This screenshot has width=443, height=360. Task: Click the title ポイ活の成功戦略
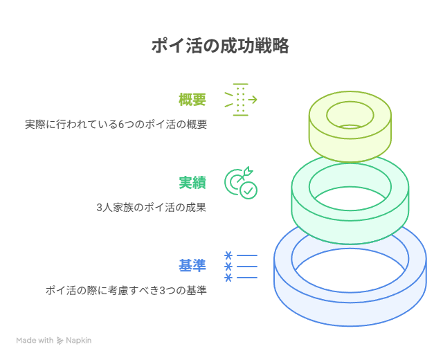pyautogui.click(x=220, y=46)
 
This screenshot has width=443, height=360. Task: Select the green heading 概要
pyautogui.click(x=192, y=100)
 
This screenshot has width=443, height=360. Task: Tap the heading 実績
pyautogui.click(x=192, y=183)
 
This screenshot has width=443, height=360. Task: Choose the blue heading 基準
pyautogui.click(x=192, y=266)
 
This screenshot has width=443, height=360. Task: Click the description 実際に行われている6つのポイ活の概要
pyautogui.click(x=116, y=125)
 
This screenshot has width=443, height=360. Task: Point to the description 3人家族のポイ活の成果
pyautogui.click(x=151, y=208)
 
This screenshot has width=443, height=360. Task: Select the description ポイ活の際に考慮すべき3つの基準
pyautogui.click(x=126, y=291)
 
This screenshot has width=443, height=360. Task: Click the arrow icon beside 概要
pyautogui.click(x=241, y=100)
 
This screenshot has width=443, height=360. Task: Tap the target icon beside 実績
pyautogui.click(x=241, y=183)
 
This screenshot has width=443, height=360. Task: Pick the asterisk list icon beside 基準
pyautogui.click(x=241, y=267)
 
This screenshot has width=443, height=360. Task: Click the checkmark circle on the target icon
pyautogui.click(x=248, y=191)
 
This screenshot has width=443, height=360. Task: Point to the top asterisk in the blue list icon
pyautogui.click(x=228, y=255)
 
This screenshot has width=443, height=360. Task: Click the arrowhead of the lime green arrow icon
pyautogui.click(x=254, y=100)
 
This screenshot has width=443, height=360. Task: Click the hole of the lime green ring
pyautogui.click(x=350, y=115)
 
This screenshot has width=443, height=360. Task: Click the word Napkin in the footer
pyautogui.click(x=78, y=341)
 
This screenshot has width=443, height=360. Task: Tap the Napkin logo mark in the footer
pyautogui.click(x=60, y=341)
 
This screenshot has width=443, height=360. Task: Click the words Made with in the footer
pyautogui.click(x=35, y=340)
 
